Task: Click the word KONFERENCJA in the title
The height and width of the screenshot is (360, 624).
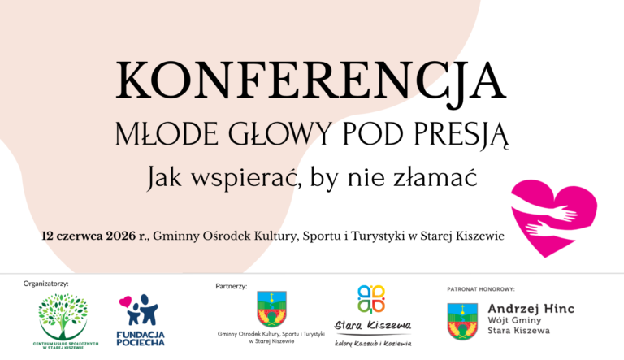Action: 311,81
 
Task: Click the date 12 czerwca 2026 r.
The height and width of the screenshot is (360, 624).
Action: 95,236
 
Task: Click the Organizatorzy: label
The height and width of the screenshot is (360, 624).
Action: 47,284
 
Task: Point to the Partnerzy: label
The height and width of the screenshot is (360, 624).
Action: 232,286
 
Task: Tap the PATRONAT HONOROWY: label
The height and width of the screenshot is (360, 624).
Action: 481,288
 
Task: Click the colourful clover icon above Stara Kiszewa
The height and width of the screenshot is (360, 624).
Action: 372,298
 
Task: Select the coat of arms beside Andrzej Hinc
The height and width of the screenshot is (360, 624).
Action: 462,320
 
